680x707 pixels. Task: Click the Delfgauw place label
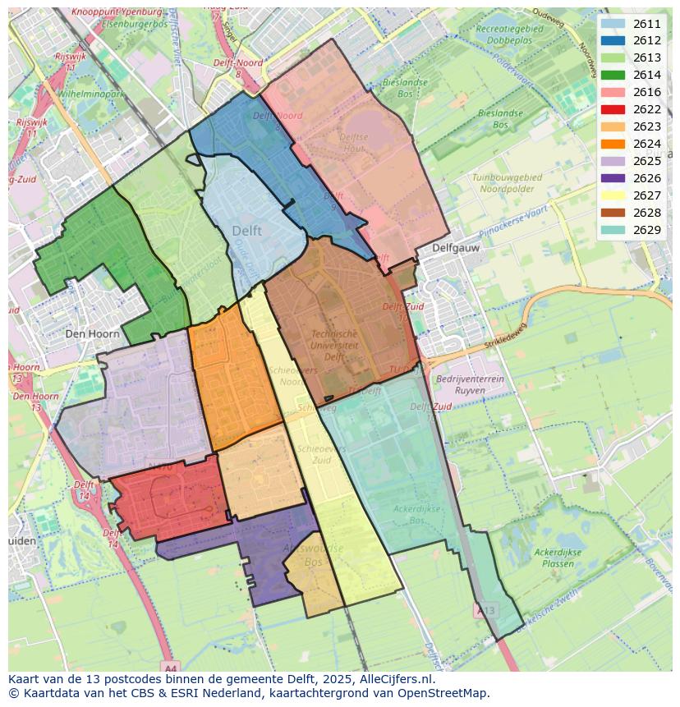(457, 247)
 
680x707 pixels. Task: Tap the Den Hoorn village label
(92, 334)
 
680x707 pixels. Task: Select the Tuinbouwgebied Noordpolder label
(507, 182)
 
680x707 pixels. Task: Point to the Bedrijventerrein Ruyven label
(469, 385)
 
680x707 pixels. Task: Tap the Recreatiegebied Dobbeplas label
(509, 34)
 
